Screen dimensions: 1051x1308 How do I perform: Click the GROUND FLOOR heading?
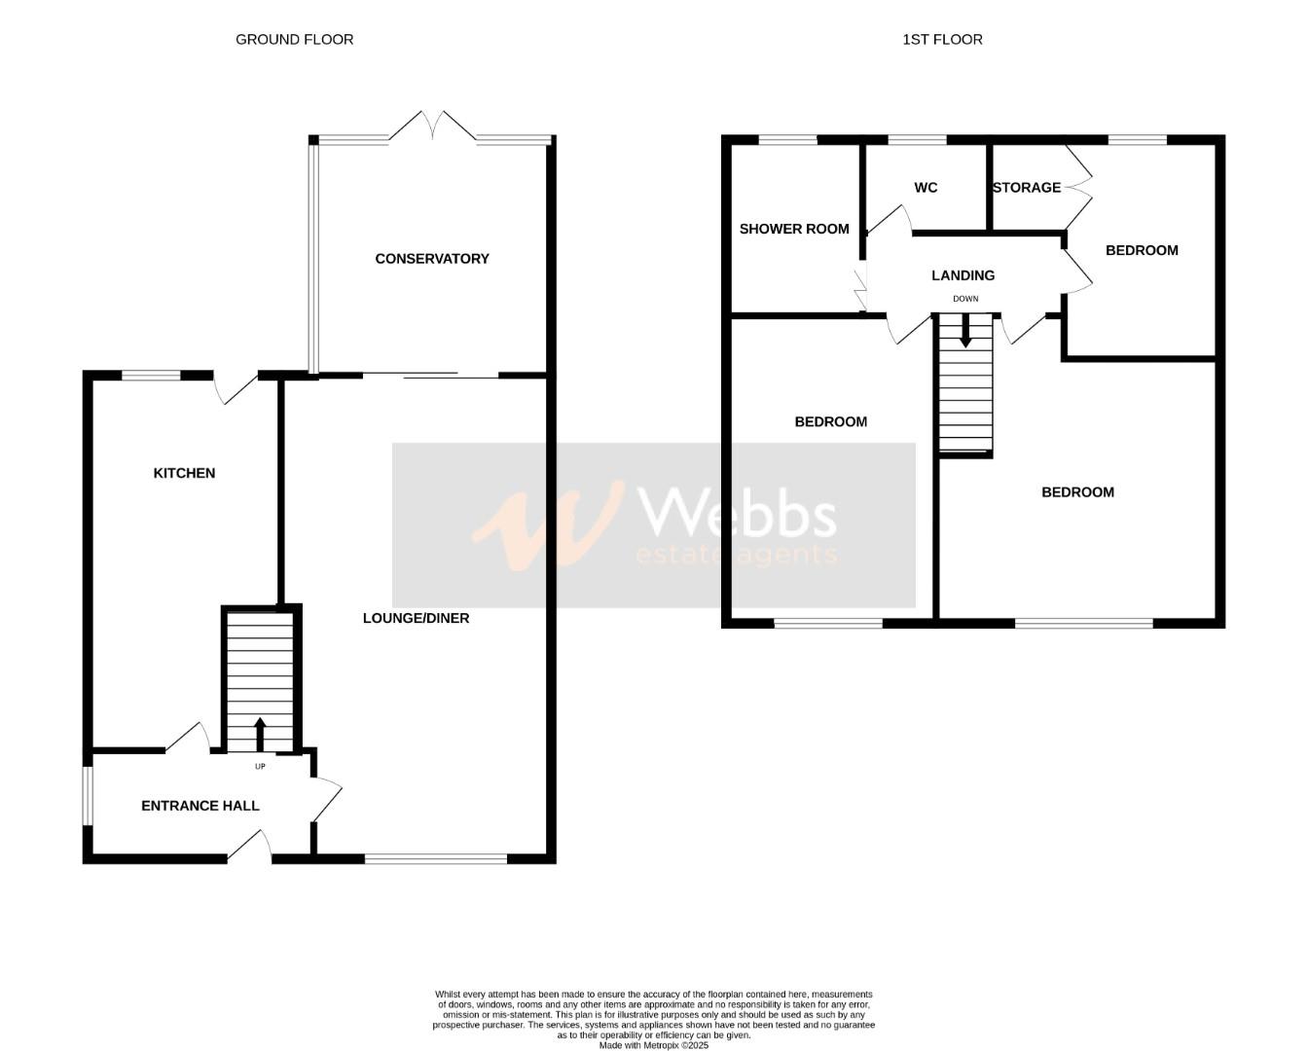(294, 40)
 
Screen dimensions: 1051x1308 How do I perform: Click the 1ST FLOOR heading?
(942, 40)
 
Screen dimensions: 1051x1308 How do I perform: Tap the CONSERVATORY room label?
(432, 259)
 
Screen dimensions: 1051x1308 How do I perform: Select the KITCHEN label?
(184, 473)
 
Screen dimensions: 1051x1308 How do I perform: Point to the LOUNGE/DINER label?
(416, 618)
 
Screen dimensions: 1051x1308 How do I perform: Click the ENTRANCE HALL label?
(200, 806)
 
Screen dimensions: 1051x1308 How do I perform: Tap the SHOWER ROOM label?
(794, 229)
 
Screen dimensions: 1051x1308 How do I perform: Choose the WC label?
(926, 188)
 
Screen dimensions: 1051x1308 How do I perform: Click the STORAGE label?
(1027, 188)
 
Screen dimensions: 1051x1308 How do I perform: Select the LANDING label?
(963, 275)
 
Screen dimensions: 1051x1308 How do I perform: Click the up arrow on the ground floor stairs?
(260, 734)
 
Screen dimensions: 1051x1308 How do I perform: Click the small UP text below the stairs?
(260, 767)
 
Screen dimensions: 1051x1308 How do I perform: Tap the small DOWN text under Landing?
(965, 299)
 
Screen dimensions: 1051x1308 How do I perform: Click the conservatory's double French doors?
(433, 127)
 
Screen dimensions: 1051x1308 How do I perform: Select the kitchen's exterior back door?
(236, 387)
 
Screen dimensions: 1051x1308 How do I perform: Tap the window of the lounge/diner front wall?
(436, 859)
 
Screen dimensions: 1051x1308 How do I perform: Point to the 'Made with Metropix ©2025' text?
(653, 1046)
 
